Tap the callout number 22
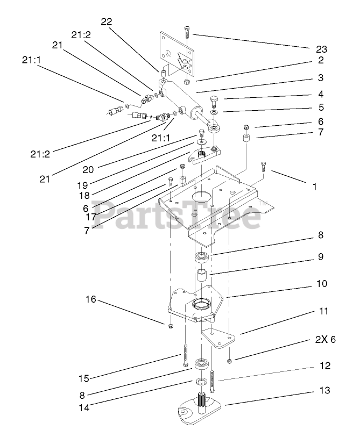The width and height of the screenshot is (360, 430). click(106, 21)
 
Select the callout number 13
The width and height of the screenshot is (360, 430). click(324, 391)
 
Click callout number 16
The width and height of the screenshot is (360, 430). click(89, 299)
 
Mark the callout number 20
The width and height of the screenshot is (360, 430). click(88, 169)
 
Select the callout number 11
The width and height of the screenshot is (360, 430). click(323, 311)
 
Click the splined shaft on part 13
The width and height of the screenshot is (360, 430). click(203, 402)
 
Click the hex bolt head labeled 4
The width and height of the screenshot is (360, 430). click(214, 101)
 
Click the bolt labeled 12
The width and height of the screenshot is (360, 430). click(214, 381)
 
